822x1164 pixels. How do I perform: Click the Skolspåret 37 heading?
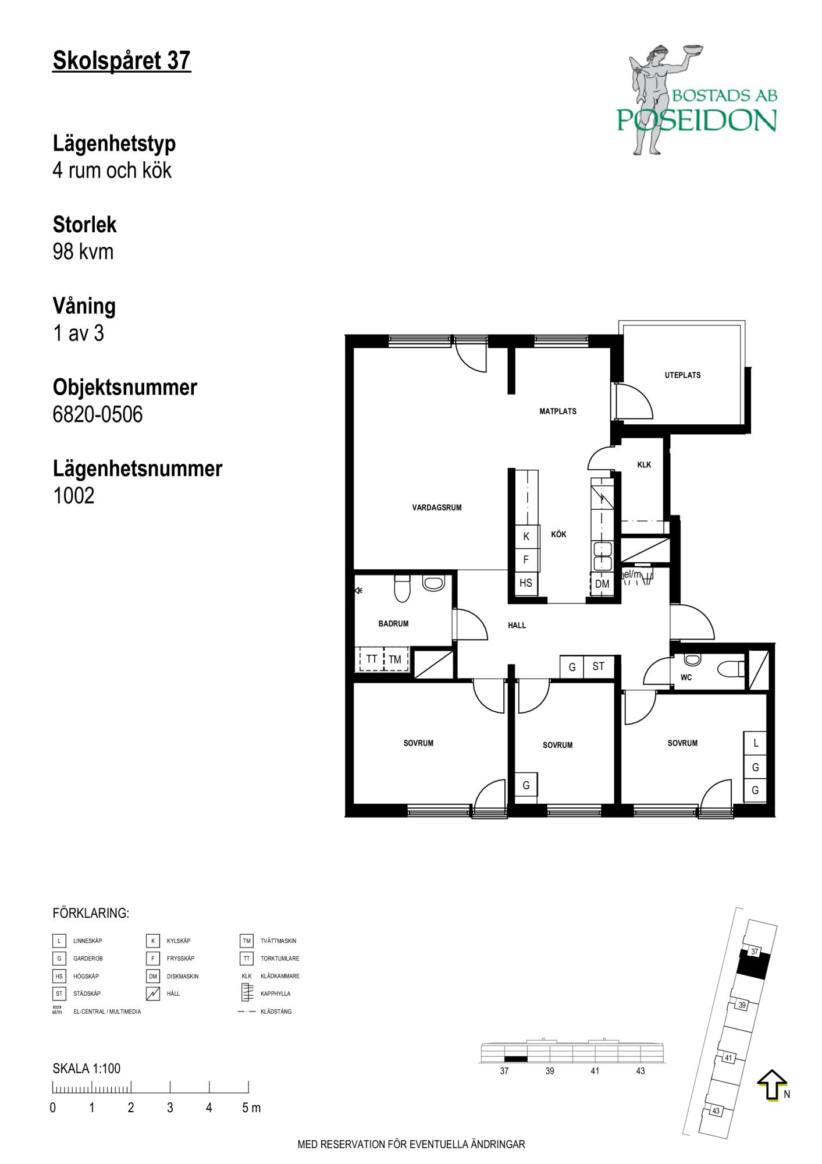click(x=122, y=61)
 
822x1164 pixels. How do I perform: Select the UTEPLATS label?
click(x=682, y=375)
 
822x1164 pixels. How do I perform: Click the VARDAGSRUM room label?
click(x=437, y=508)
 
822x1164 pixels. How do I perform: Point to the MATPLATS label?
click(x=558, y=411)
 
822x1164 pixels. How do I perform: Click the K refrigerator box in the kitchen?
click(x=526, y=537)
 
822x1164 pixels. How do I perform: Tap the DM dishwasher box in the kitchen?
click(x=602, y=584)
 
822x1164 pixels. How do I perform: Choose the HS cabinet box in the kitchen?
click(x=526, y=583)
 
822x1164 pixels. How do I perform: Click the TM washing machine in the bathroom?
click(x=395, y=659)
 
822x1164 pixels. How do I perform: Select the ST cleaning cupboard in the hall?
click(x=599, y=666)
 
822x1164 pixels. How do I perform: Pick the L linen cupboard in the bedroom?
click(x=756, y=743)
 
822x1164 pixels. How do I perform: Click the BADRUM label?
click(x=393, y=624)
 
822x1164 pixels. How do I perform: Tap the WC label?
click(x=686, y=677)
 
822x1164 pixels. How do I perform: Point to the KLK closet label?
click(x=644, y=465)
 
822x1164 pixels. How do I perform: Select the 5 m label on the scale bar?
click(x=251, y=1108)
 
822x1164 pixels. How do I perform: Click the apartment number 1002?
click(x=73, y=496)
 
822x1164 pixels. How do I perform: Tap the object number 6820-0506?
click(x=98, y=414)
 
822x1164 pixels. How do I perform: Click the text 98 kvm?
click(x=83, y=251)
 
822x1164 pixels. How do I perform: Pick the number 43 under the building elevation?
click(x=640, y=1071)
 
